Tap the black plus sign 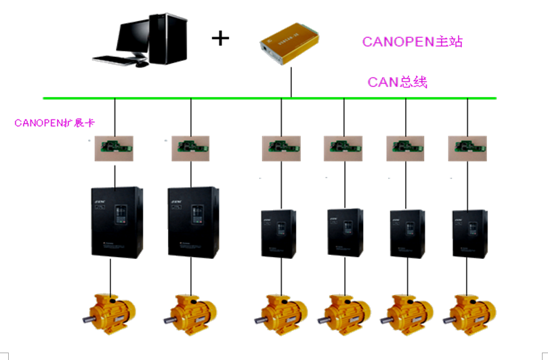coord(221,37)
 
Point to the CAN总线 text coord(398,82)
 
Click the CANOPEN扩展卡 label coord(54,123)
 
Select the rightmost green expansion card coord(467,145)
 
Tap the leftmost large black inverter coord(115,221)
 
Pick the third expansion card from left coord(281,145)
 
